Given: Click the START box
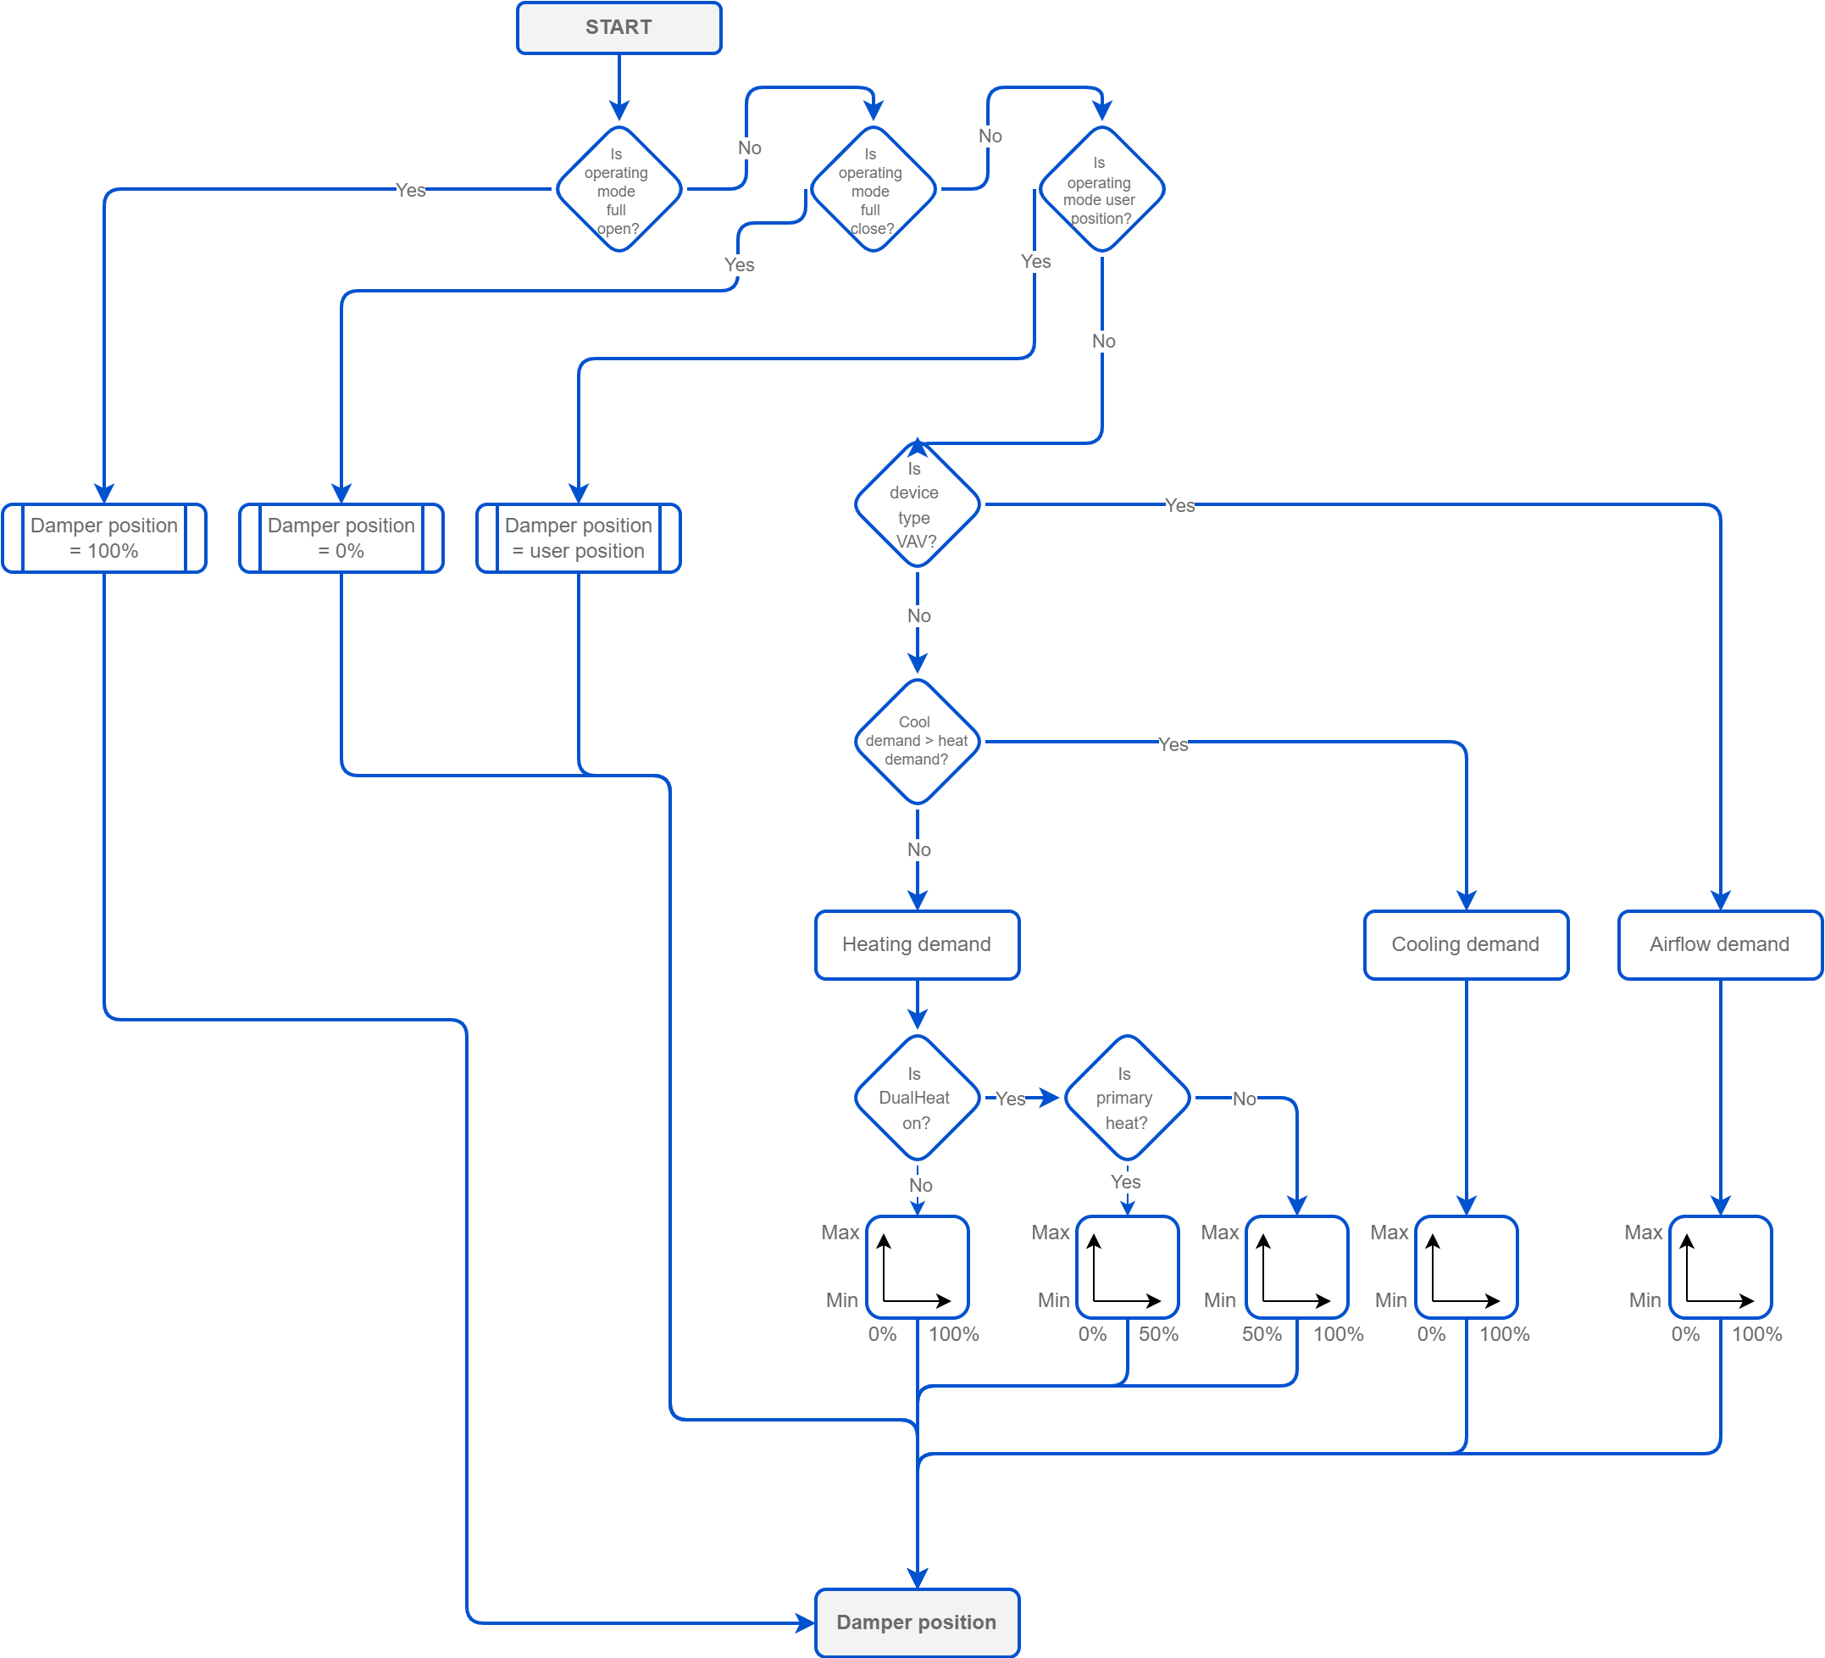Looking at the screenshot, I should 619,27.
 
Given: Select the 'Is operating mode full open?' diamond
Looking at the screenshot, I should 619,189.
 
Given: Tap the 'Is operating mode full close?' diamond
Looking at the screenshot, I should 873,189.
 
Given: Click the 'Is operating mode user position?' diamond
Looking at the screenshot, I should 1101,189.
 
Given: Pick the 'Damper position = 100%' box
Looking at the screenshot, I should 104,538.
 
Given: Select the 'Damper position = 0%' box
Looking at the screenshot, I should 341,538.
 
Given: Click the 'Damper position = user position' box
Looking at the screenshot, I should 579,538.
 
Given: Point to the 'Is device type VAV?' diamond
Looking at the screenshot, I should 917,504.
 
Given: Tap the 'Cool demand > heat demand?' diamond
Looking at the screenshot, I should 917,742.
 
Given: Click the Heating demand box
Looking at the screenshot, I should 917,944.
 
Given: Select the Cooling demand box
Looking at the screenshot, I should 1466,944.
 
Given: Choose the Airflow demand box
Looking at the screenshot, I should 1719,944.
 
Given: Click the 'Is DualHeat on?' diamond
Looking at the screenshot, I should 917,1098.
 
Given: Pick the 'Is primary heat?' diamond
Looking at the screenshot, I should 1126,1098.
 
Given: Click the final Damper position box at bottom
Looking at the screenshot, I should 917,1622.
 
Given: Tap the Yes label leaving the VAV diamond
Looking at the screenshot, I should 1179,505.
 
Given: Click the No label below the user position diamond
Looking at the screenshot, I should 1103,342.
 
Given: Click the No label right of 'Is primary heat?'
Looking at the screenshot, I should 1244,1099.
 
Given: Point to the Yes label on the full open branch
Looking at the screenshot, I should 410,190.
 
